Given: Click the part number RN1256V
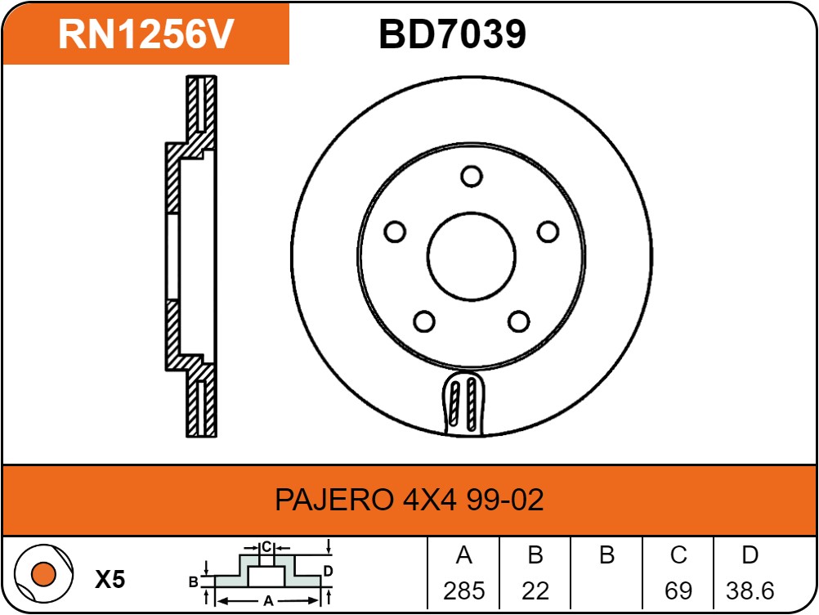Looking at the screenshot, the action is pyautogui.click(x=146, y=34).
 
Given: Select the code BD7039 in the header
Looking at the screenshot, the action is pyautogui.click(x=452, y=34).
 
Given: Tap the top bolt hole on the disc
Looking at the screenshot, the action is pyautogui.click(x=471, y=176).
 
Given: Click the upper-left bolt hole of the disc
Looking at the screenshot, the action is pyautogui.click(x=395, y=231).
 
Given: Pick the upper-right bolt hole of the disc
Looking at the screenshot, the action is pyautogui.click(x=548, y=231).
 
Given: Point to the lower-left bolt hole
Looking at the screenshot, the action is pyautogui.click(x=424, y=321).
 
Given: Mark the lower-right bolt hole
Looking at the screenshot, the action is pyautogui.click(x=519, y=321).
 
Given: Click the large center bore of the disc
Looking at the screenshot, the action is pyautogui.click(x=471, y=257).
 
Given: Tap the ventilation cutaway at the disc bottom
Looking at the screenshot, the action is pyautogui.click(x=463, y=402).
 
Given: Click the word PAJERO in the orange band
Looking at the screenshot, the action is pyautogui.click(x=334, y=500).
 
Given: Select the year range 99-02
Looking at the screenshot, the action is pyautogui.click(x=504, y=500).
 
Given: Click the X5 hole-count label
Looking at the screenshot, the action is pyautogui.click(x=110, y=579).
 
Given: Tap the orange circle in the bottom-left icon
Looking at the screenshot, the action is pyautogui.click(x=43, y=574).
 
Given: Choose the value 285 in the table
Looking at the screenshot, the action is pyautogui.click(x=463, y=591).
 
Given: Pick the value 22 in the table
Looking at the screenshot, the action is pyautogui.click(x=535, y=591).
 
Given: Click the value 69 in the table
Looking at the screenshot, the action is pyautogui.click(x=678, y=591).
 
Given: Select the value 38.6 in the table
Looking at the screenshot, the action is pyautogui.click(x=750, y=591).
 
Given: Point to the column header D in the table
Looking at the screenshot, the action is pyautogui.click(x=750, y=555).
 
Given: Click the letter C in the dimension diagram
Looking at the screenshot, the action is pyautogui.click(x=266, y=547).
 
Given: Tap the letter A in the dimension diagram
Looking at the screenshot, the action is pyautogui.click(x=268, y=601).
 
